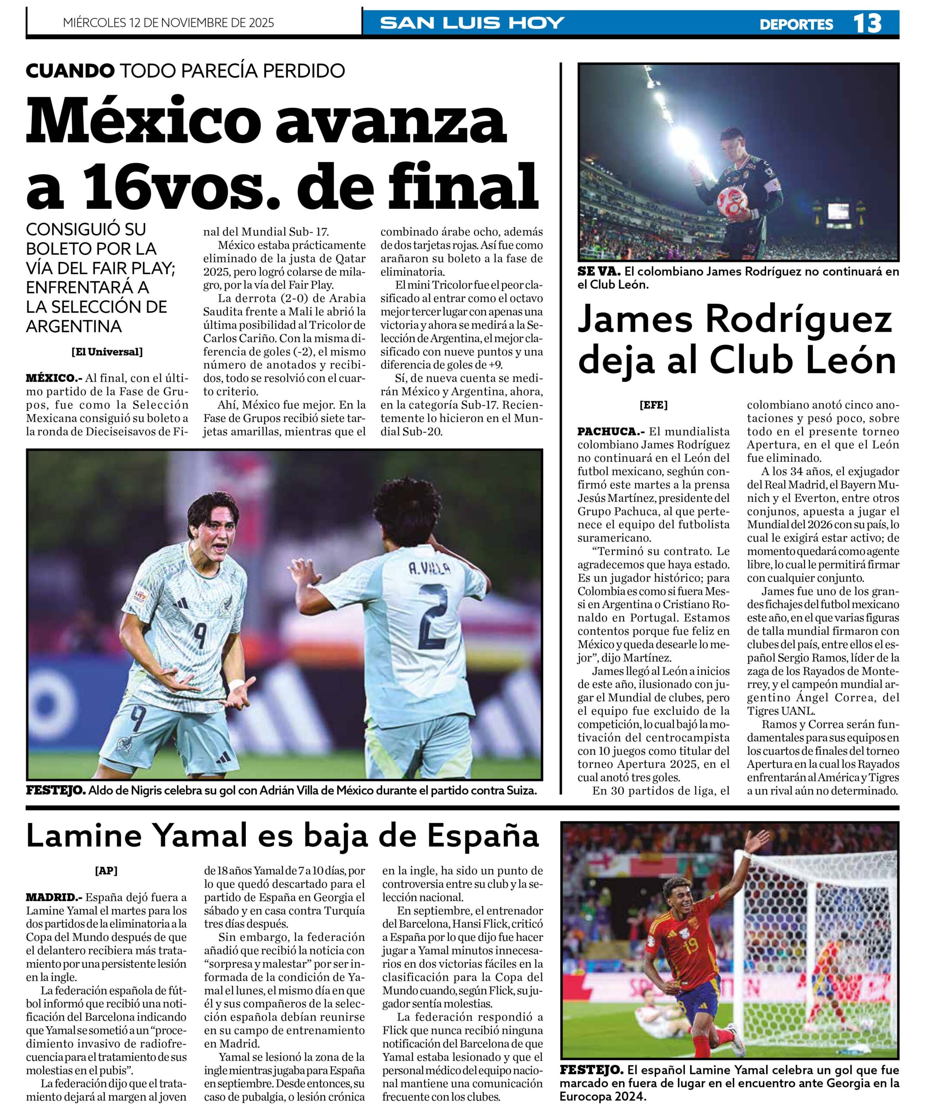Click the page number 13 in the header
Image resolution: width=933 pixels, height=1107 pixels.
coord(867,23)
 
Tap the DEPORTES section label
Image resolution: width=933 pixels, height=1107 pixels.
coord(796,24)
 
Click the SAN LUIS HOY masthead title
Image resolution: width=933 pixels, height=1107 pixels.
coord(472,23)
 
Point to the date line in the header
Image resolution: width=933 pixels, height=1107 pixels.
coord(168,23)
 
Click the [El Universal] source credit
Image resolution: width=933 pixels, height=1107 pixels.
coord(107,352)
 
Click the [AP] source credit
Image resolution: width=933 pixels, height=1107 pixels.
coord(106,870)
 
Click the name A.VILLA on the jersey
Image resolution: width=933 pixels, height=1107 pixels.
coord(430,569)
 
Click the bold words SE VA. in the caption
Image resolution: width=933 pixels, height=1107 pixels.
coord(599,272)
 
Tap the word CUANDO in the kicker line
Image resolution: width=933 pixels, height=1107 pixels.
coord(70,70)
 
